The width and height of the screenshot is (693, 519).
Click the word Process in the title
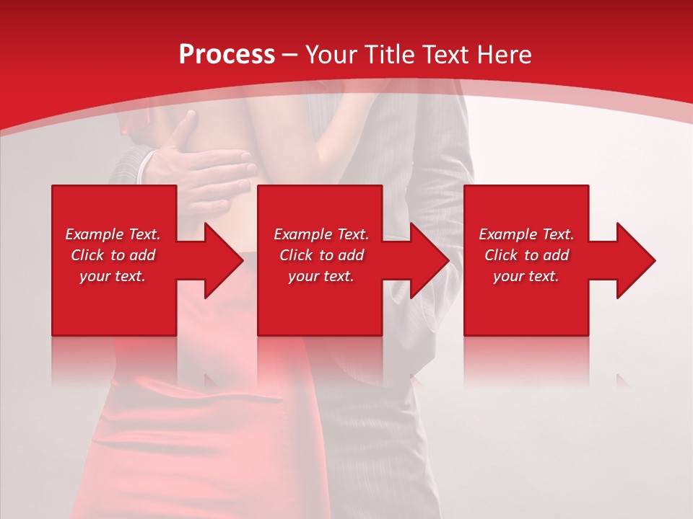(227, 55)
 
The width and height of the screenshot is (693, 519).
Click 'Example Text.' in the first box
(113, 234)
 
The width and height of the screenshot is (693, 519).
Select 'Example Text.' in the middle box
(321, 234)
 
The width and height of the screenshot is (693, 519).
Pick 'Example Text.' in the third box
(526, 234)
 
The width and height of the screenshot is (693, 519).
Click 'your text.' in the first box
(113, 276)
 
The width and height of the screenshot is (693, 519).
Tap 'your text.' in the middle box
(321, 276)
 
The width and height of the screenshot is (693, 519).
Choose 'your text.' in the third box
(526, 276)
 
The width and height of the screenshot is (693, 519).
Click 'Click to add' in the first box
(113, 255)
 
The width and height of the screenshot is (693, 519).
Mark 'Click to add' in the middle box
(321, 255)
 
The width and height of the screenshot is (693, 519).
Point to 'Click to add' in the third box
(526, 255)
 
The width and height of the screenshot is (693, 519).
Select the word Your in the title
(330, 55)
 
